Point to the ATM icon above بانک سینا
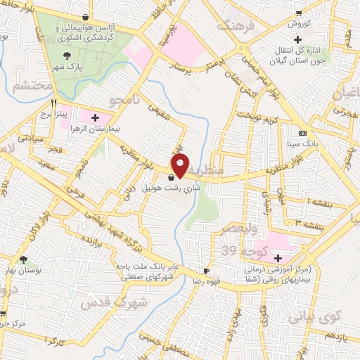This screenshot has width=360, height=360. pos(302,134)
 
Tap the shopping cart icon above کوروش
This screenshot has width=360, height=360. pos(300,14)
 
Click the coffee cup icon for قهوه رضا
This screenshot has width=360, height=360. pos(206,271)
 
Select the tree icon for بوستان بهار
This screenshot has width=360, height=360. pos(24,260)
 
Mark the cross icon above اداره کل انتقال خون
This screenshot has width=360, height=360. pos(298,39)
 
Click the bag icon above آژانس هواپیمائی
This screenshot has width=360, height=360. pos(85,18)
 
